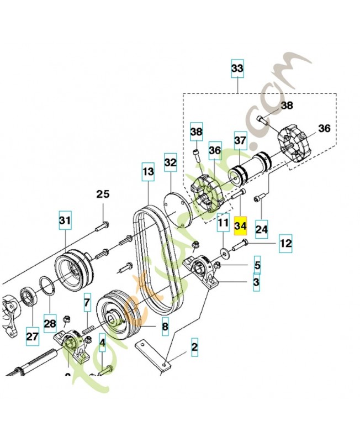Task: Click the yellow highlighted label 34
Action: tap(241, 227)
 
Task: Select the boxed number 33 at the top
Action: tap(237, 69)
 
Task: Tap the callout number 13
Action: tap(147, 172)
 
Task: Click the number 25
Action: tap(103, 194)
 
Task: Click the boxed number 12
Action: tap(285, 243)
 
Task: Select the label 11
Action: tap(223, 224)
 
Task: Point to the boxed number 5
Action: tap(257, 265)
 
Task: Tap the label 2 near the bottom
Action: tap(194, 348)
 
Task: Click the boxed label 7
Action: tap(87, 303)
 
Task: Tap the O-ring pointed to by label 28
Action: tap(47, 288)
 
